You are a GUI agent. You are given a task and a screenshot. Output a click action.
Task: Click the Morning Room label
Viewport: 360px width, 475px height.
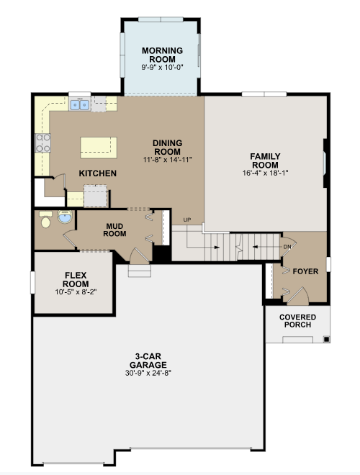pyautogui.click(x=162, y=55)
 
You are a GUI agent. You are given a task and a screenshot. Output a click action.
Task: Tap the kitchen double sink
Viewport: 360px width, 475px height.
pyautogui.click(x=80, y=105)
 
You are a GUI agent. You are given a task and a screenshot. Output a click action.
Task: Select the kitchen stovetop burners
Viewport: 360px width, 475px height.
pyautogui.click(x=42, y=142)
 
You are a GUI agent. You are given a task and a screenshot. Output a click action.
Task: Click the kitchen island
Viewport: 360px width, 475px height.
pyautogui.click(x=99, y=148)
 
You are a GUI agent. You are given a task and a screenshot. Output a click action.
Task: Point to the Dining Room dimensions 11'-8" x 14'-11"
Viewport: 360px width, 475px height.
pyautogui.click(x=168, y=160)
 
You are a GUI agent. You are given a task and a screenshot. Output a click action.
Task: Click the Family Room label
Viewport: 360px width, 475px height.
pyautogui.click(x=265, y=160)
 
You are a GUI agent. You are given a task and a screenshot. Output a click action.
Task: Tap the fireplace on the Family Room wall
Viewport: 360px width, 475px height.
pyautogui.click(x=325, y=163)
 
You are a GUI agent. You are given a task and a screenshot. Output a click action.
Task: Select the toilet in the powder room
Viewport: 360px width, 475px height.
pyautogui.click(x=45, y=220)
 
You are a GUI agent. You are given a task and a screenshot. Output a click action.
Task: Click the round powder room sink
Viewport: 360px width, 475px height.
pyautogui.click(x=65, y=217)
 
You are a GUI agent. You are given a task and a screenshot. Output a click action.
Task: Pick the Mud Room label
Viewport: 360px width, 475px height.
pyautogui.click(x=114, y=230)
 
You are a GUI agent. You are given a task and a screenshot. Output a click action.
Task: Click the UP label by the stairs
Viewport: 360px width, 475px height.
pyautogui.click(x=187, y=220)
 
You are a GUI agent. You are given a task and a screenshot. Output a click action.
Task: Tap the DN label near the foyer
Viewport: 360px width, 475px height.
pyautogui.click(x=287, y=247)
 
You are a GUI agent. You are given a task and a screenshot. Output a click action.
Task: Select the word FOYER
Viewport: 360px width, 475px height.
pyautogui.click(x=305, y=271)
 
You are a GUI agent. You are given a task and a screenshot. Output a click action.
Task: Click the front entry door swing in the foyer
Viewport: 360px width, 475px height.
pyautogui.click(x=298, y=296)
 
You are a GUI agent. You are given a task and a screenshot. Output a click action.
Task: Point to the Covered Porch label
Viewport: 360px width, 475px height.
pyautogui.click(x=297, y=321)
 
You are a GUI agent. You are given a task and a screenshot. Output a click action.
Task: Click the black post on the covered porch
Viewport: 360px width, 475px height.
pyautogui.click(x=326, y=339)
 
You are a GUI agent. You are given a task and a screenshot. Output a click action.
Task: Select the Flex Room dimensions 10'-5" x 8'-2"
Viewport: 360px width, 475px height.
pyautogui.click(x=76, y=292)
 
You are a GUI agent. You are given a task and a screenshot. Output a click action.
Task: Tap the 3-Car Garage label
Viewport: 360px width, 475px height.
pyautogui.click(x=148, y=361)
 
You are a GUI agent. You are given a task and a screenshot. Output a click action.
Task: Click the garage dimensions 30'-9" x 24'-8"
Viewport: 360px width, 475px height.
pyautogui.click(x=148, y=373)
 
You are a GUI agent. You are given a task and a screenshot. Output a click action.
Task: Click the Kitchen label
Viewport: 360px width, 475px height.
pyautogui.click(x=98, y=173)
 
